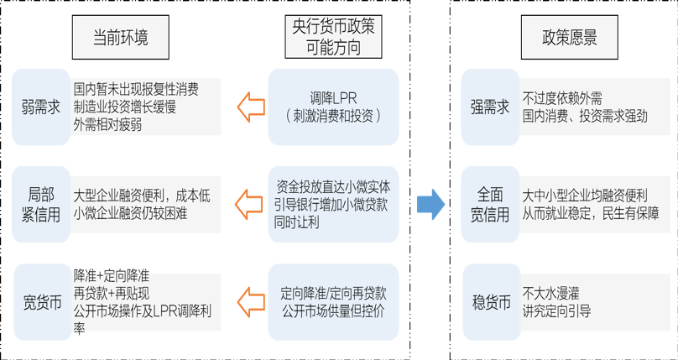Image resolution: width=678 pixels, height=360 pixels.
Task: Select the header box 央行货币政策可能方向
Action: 333,37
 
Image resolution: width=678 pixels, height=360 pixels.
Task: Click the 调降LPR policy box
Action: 333,106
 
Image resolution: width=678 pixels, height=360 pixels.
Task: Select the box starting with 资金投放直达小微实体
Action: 333,204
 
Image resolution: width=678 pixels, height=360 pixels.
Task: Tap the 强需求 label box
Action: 489,107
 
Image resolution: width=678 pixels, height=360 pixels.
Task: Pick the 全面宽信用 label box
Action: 489,203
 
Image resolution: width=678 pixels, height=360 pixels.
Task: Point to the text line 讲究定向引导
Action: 556,310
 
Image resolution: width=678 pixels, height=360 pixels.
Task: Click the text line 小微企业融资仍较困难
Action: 130,213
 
